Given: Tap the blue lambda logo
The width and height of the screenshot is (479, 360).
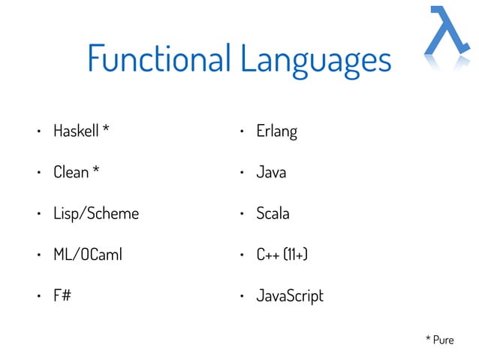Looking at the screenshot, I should [x=449, y=35].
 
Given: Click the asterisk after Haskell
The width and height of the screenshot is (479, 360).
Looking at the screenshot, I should [x=106, y=129].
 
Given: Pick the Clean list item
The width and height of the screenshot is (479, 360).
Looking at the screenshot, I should [x=71, y=172].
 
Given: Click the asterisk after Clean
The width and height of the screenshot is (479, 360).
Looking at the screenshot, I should [x=95, y=171].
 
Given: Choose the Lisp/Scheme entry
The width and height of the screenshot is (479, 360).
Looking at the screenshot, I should [x=95, y=213].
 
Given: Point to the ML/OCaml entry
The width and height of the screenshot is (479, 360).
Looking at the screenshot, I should [x=87, y=255].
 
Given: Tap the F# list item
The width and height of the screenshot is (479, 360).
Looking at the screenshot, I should [x=62, y=295].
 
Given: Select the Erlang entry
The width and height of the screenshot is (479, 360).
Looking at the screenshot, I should [x=276, y=132].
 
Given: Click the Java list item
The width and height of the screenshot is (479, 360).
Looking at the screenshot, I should [x=271, y=172].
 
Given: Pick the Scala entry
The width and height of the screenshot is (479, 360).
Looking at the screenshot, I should [x=273, y=213].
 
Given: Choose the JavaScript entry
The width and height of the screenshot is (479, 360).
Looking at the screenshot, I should [x=290, y=296].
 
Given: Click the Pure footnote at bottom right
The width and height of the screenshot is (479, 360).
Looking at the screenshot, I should [x=440, y=340].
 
